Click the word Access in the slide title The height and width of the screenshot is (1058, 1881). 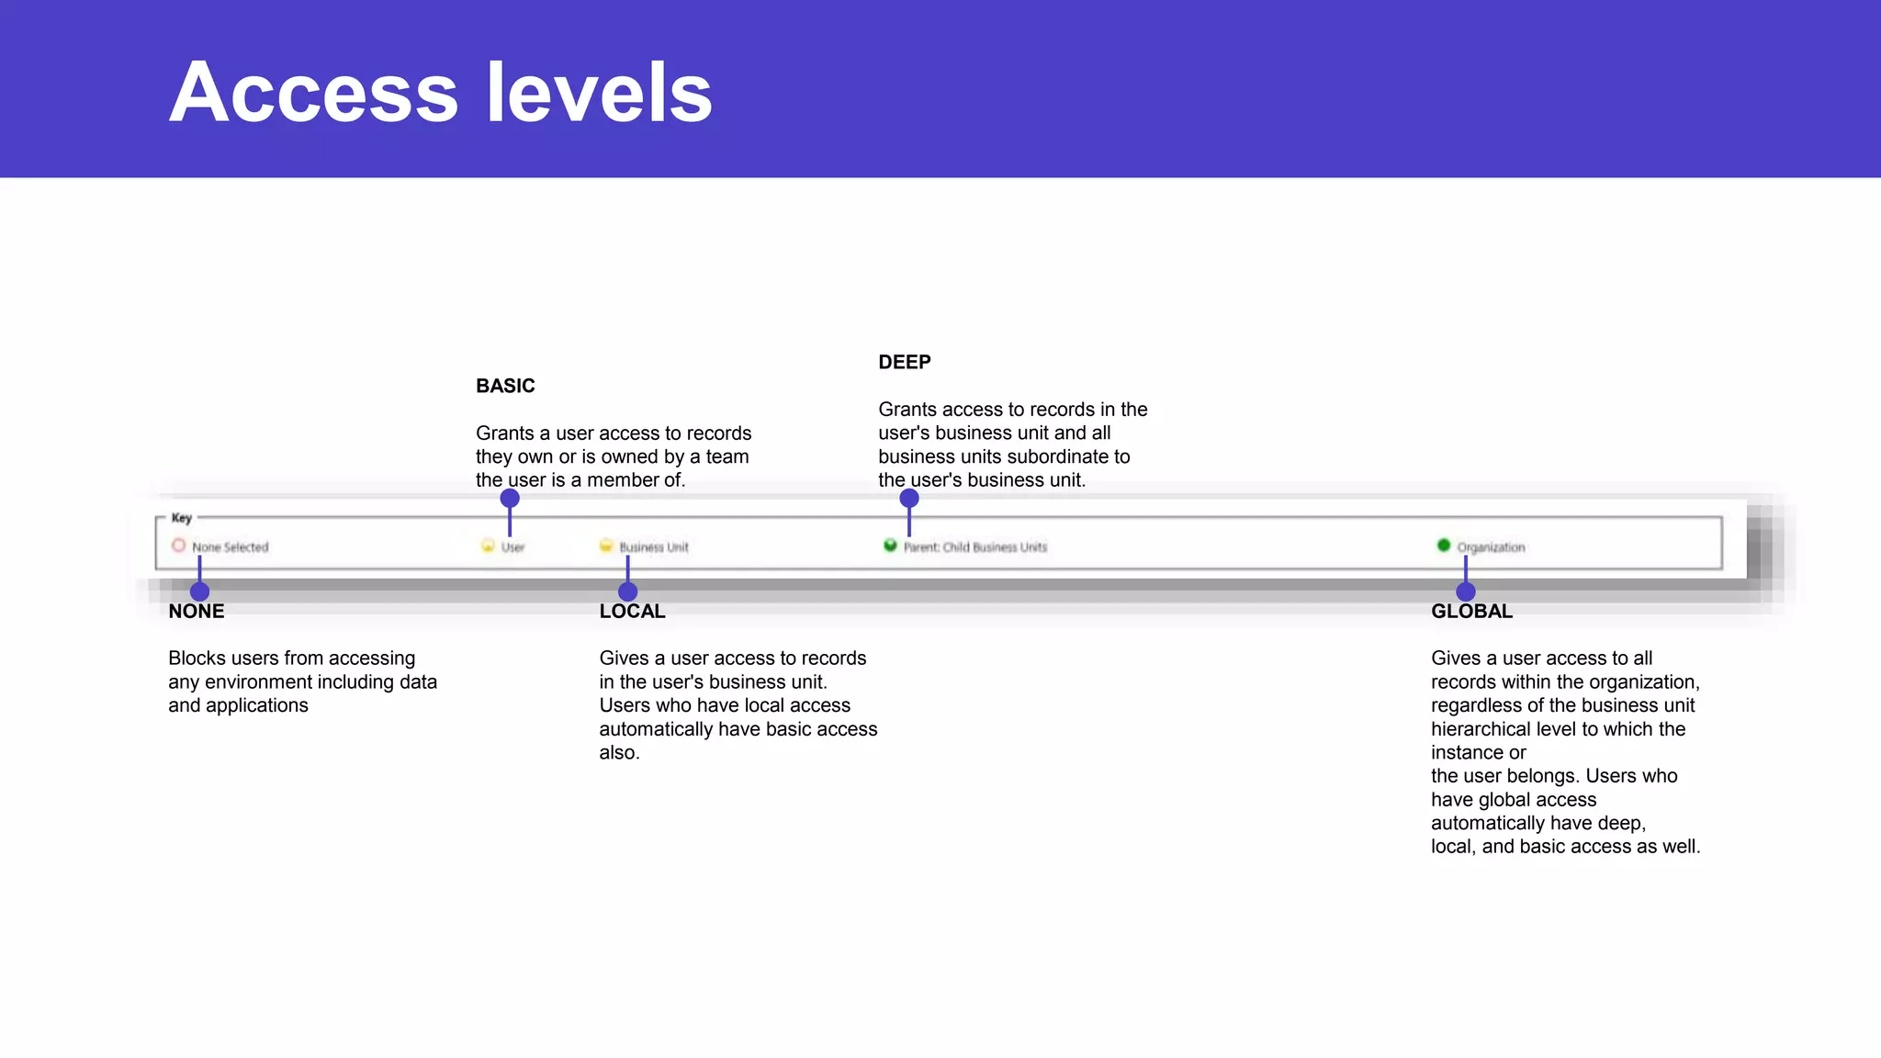point(313,93)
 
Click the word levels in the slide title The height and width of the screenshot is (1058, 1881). point(599,93)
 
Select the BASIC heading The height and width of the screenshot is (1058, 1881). point(505,386)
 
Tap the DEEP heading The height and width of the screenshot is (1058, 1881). point(904,362)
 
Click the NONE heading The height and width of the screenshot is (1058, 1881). point(196,612)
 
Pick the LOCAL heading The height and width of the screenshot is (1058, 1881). point(632,612)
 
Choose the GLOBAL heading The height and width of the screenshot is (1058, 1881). point(1471,612)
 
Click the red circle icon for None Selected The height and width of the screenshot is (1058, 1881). point(178,546)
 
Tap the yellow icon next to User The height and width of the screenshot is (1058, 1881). point(488,546)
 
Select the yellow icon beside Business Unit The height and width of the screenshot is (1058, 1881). point(605,546)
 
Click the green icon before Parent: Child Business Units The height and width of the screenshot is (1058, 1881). point(890,546)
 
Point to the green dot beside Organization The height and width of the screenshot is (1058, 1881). point(1444,546)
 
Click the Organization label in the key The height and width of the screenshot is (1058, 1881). point(1491,547)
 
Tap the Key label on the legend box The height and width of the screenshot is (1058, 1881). point(182,518)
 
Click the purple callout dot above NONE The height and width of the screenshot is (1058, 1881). point(199,591)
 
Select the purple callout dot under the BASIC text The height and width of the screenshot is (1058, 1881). point(510,499)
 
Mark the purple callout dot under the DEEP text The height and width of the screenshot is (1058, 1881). point(909,499)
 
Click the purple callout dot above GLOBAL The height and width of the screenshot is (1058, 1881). point(1466,591)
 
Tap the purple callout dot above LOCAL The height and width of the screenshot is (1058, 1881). point(627,591)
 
